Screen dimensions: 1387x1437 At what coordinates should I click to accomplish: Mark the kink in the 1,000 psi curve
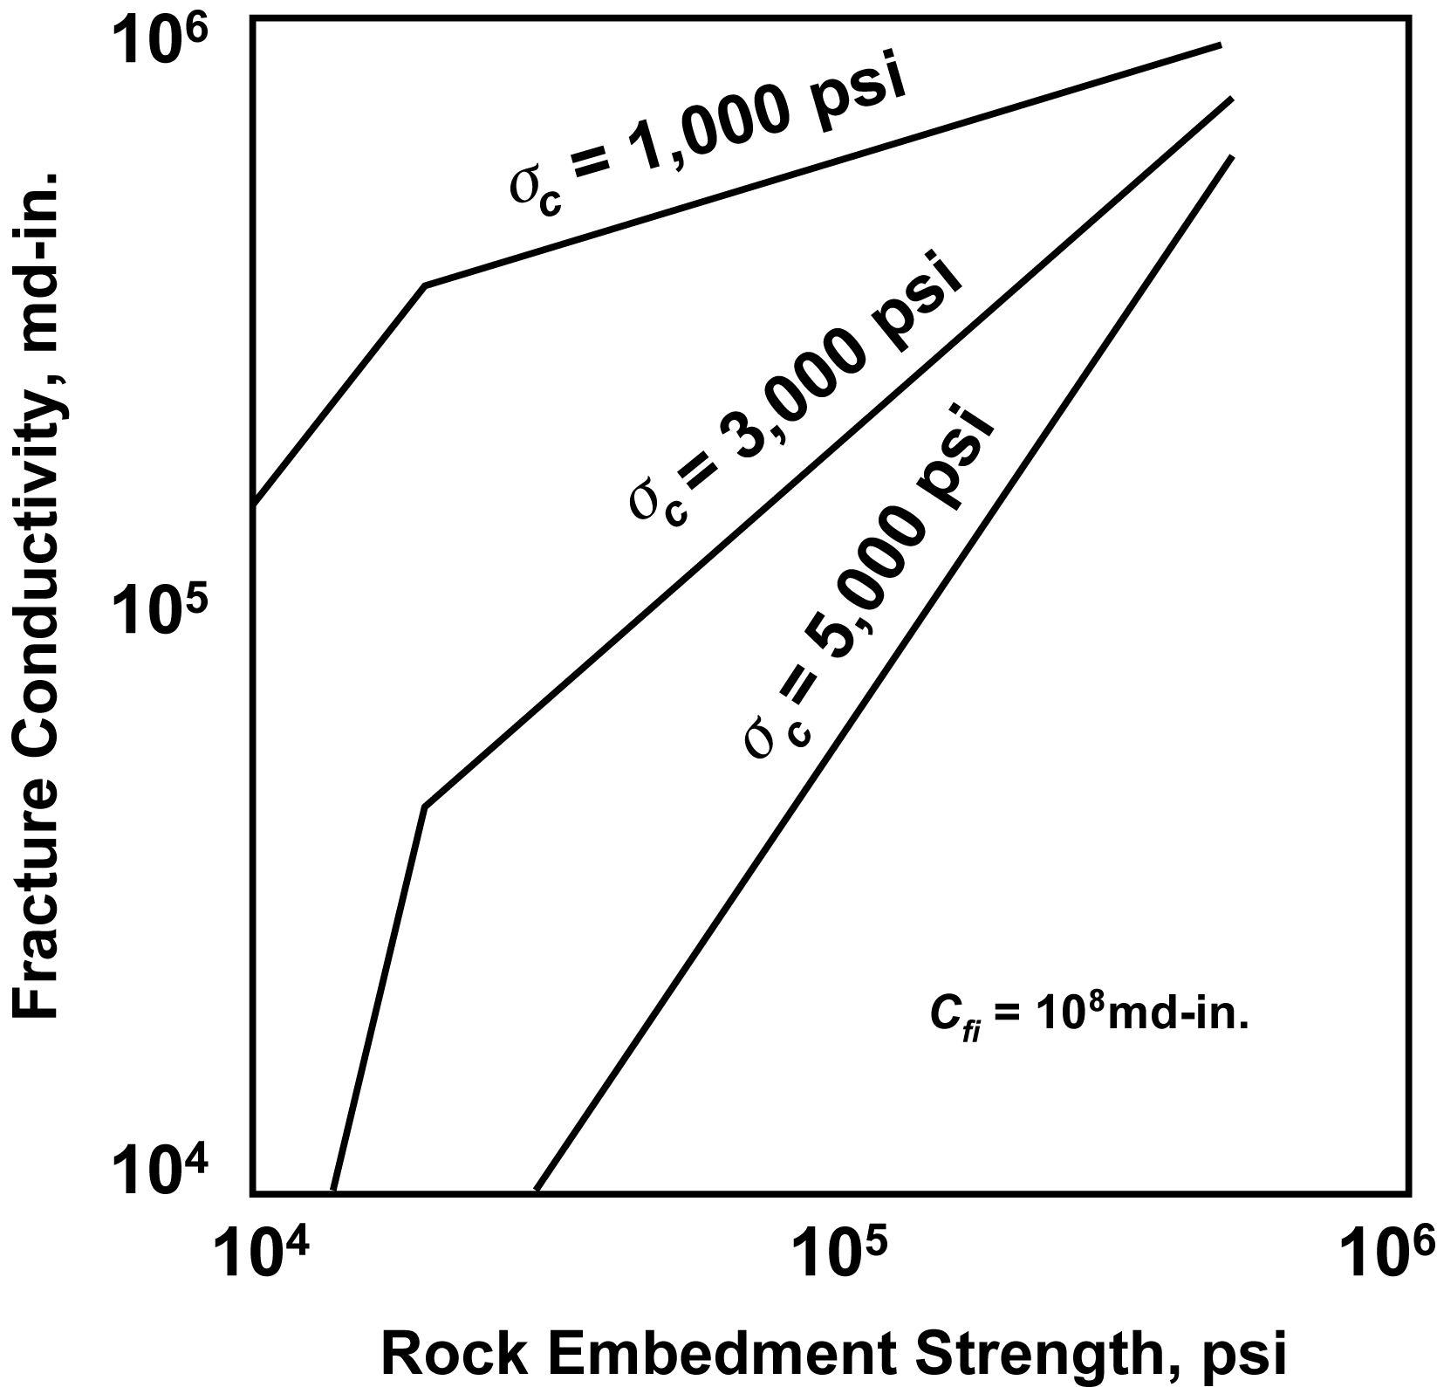pos(424,285)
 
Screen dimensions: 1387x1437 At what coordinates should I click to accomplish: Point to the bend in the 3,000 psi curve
pos(424,807)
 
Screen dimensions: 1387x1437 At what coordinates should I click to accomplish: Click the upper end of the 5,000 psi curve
pos(1231,157)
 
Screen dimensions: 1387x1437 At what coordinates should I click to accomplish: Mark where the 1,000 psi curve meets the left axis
pos(253,505)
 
